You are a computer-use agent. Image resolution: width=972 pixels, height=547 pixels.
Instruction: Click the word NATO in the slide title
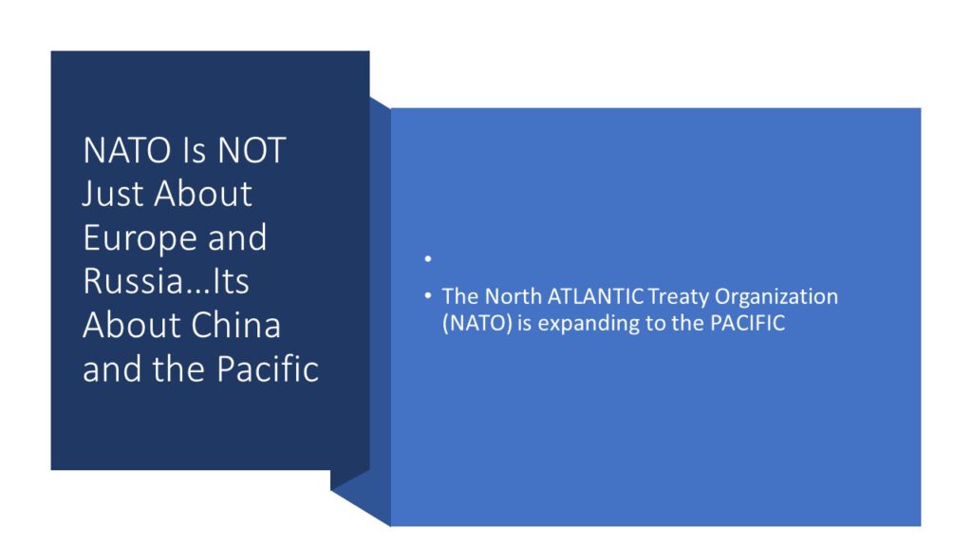128,150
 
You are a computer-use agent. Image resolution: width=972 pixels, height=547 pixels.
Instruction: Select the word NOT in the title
252,150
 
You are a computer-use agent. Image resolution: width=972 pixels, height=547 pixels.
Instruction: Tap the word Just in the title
114,194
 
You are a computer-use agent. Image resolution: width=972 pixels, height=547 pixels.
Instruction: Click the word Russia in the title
133,281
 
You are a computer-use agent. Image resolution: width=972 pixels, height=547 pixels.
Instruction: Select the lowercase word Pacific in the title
268,369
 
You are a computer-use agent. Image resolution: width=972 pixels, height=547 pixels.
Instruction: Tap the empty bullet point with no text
428,258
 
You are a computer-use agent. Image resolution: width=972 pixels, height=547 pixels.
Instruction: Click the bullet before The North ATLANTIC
428,296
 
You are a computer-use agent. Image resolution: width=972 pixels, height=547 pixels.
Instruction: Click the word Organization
776,297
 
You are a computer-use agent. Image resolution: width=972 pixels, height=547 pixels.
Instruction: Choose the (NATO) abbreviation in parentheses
477,324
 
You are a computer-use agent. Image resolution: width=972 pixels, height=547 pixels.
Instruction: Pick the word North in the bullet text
514,296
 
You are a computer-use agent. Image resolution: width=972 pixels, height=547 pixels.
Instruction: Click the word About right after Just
203,194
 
